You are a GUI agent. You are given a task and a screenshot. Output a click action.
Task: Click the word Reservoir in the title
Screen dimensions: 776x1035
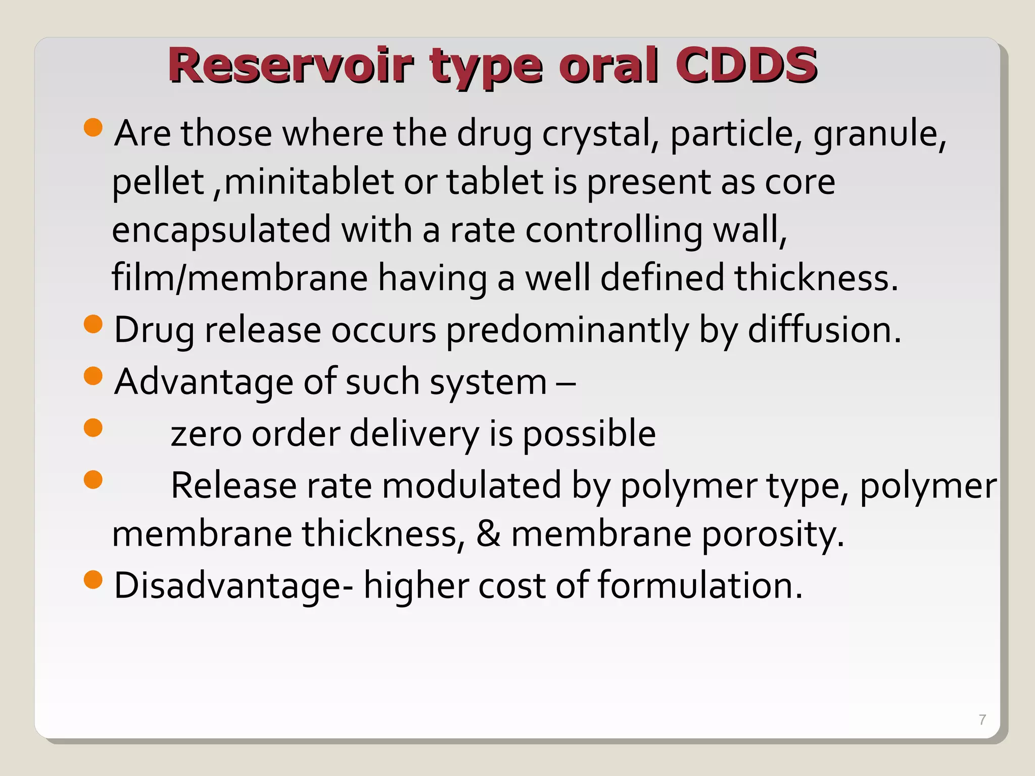(x=291, y=66)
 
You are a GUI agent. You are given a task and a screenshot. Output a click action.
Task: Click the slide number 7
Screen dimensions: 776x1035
(x=982, y=719)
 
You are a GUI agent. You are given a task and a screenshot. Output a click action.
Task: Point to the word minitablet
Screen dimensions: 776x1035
(x=309, y=182)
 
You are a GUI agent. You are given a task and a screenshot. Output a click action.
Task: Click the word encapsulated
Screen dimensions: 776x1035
(x=221, y=230)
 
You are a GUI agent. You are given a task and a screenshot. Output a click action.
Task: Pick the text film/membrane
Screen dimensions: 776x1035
(x=240, y=278)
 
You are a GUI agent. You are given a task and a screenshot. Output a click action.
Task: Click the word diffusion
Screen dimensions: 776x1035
(x=824, y=330)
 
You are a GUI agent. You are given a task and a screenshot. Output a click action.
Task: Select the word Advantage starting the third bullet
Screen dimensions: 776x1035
(x=203, y=382)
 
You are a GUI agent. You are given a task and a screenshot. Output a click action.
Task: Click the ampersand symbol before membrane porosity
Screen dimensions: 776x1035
(x=488, y=535)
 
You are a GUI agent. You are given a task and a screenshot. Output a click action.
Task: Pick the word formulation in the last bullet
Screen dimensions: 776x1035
(x=700, y=586)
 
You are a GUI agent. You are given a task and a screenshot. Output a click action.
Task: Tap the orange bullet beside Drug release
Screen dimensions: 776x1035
(x=93, y=324)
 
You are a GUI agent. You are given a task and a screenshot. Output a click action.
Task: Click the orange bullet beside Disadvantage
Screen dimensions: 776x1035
(x=93, y=579)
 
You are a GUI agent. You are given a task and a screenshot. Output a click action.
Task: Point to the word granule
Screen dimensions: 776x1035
(x=879, y=134)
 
